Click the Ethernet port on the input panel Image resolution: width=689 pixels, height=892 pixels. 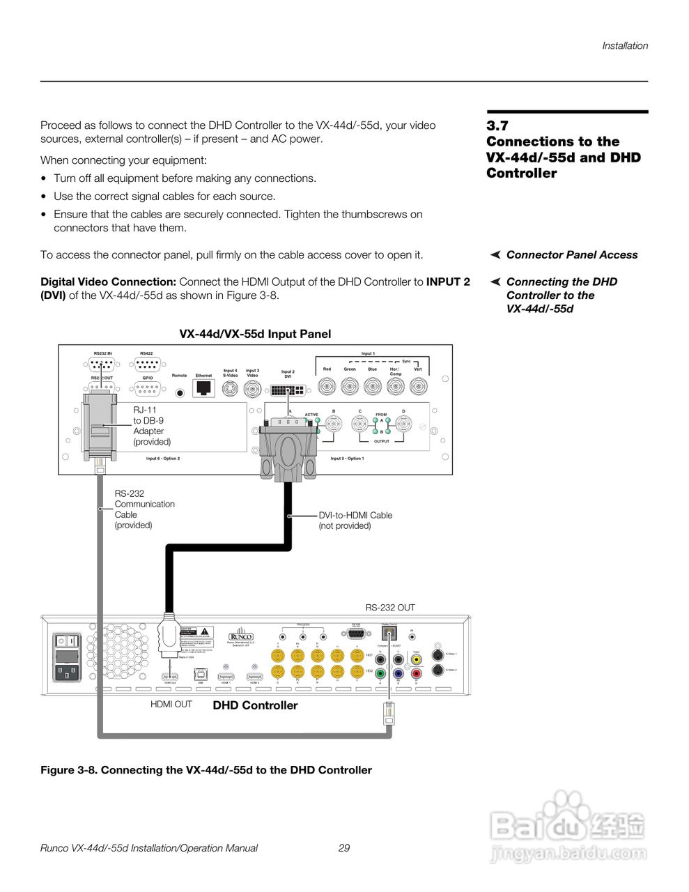pos(203,387)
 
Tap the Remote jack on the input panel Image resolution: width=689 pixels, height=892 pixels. pos(180,392)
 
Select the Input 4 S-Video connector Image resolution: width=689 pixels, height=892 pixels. pos(230,389)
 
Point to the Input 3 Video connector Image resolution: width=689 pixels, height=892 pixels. pos(252,389)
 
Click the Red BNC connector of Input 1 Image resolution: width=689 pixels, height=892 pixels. pos(327,386)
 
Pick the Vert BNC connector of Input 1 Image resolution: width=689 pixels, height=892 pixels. pos(418,386)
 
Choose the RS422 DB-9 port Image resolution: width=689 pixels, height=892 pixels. pos(147,364)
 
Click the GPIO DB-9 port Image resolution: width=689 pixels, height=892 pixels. pos(147,389)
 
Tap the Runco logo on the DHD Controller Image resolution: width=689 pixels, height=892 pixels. pos(241,637)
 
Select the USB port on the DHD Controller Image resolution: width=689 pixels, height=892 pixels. pos(200,675)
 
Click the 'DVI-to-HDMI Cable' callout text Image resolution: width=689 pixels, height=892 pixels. pos(355,515)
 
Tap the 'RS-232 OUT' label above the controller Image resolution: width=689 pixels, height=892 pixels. pos(390,608)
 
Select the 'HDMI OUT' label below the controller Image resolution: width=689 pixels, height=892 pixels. pos(171,705)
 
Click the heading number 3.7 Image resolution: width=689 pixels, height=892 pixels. pos(497,126)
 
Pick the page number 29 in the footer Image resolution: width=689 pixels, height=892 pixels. pos(344,848)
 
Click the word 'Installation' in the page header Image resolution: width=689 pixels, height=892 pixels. pos(625,46)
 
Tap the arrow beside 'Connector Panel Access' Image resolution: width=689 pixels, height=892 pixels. pos(495,255)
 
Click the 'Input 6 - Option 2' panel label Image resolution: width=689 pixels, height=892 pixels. pos(163,459)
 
